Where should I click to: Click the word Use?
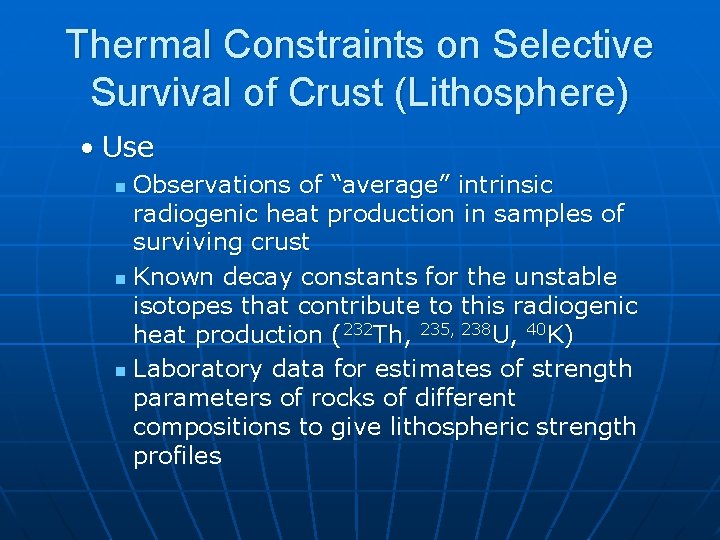point(128,148)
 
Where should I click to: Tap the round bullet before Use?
point(89,149)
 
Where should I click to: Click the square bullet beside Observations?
point(120,187)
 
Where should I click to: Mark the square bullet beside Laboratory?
point(120,371)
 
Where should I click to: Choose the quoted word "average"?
point(383,185)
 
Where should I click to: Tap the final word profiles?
point(177,456)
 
